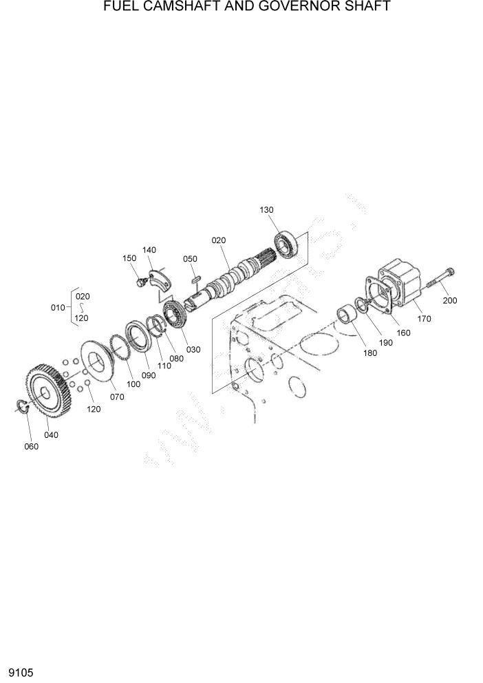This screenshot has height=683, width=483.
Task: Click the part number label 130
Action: (x=266, y=209)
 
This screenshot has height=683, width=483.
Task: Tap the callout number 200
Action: (x=450, y=300)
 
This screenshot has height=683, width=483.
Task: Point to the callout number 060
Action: (x=31, y=446)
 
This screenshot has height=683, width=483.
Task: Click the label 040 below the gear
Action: (x=52, y=434)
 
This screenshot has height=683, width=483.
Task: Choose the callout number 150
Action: (x=129, y=258)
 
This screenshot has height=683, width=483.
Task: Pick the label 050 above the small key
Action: (x=190, y=259)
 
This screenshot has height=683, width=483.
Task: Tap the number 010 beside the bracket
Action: (x=58, y=307)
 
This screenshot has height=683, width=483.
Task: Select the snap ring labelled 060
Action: (x=21, y=406)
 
